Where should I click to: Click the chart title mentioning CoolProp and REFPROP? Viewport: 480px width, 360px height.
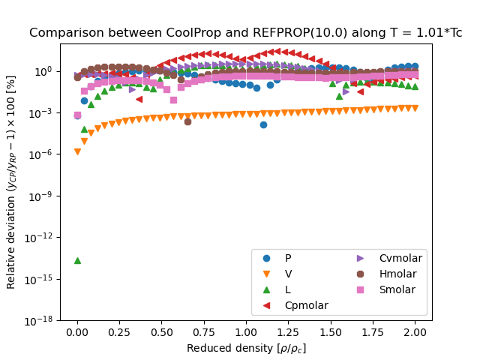pos(246,33)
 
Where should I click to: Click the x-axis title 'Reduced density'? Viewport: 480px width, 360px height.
pos(246,348)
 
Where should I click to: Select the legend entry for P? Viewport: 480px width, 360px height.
pos(288,258)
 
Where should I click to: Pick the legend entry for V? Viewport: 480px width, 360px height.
pos(288,274)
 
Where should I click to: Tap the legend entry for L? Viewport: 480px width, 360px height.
pos(288,289)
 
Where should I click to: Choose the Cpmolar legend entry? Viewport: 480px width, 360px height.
pos(300,305)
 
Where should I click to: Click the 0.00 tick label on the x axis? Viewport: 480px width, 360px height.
pos(77,332)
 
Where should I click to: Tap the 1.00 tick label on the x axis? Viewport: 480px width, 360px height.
pos(246,332)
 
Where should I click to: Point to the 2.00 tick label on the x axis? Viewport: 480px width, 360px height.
pos(415,332)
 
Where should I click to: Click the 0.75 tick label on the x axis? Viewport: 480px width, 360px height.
pos(204,332)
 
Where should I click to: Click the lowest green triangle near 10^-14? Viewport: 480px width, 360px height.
pos(77,260)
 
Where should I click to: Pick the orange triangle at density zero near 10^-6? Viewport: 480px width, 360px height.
pos(77,151)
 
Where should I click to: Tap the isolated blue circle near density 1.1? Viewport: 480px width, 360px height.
pos(263,124)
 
